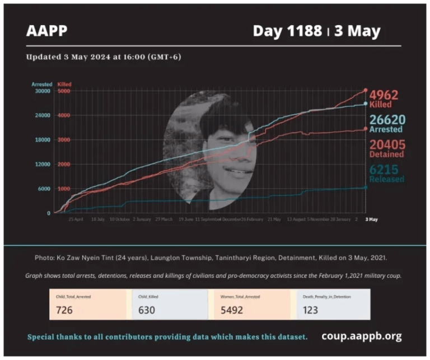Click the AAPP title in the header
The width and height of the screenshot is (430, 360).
click(x=47, y=31)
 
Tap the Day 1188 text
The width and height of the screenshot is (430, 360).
click(x=286, y=31)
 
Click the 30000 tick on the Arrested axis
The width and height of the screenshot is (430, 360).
click(x=43, y=91)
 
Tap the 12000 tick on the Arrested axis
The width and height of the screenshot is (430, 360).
click(x=43, y=164)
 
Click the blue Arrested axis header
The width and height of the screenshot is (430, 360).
click(x=42, y=85)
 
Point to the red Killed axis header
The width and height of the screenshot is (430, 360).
click(x=64, y=85)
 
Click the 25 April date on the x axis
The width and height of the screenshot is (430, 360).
click(x=76, y=219)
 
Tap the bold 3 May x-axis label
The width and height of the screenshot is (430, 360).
click(x=371, y=219)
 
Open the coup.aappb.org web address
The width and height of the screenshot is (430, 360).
click(x=361, y=336)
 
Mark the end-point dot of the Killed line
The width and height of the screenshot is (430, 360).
click(x=366, y=90)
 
